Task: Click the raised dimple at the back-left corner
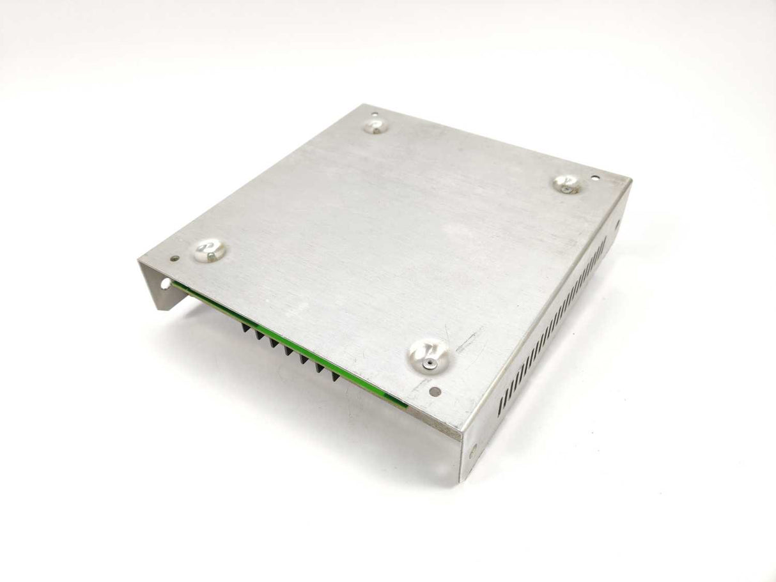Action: tap(376, 126)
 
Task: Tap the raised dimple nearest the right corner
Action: tap(567, 184)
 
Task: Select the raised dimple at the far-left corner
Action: tap(210, 250)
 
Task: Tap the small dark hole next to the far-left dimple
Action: tap(175, 259)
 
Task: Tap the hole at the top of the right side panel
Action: tap(617, 224)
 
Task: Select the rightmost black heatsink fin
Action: tap(334, 376)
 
